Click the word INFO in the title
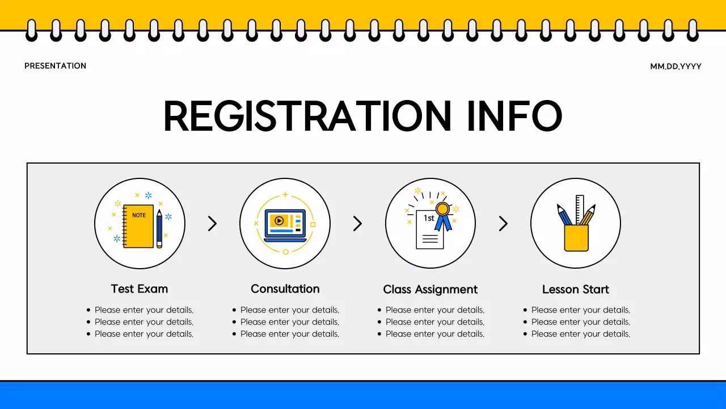tap(514, 116)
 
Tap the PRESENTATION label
tap(56, 66)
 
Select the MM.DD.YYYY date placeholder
tap(676, 66)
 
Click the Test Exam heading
tap(140, 289)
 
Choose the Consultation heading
tap(285, 289)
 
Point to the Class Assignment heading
tap(430, 289)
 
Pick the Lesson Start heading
tap(576, 289)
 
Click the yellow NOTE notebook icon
tap(139, 226)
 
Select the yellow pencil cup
tap(576, 237)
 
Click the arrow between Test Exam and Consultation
tap(212, 223)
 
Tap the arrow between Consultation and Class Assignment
tap(357, 223)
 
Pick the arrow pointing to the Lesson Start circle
tap(503, 223)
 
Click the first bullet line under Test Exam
tap(144, 310)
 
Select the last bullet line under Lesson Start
tap(580, 334)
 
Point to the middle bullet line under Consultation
tap(289, 322)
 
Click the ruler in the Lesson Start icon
tap(580, 209)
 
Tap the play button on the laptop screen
tap(278, 220)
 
